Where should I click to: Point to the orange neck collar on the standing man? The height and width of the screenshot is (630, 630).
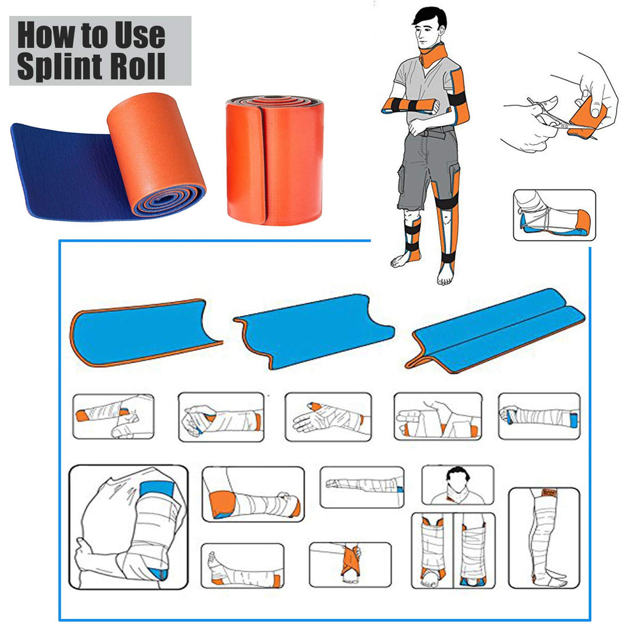pyautogui.click(x=433, y=56)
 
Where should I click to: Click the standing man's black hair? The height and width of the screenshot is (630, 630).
pyautogui.click(x=430, y=18)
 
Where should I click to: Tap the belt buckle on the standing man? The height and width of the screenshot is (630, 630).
pyautogui.click(x=439, y=131)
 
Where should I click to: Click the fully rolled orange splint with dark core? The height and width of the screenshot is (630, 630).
pyautogui.click(x=275, y=159)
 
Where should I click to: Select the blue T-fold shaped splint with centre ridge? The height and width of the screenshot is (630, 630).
pyautogui.click(x=495, y=330)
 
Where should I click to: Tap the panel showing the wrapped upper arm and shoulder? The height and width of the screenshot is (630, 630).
pyautogui.click(x=129, y=527)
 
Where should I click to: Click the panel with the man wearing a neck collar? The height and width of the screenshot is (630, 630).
pyautogui.click(x=458, y=485)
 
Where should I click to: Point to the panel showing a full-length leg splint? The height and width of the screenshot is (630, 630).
pyautogui.click(x=544, y=538)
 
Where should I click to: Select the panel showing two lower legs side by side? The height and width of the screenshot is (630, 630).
pyautogui.click(x=453, y=550)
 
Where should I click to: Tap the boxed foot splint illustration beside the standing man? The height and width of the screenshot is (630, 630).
pyautogui.click(x=554, y=215)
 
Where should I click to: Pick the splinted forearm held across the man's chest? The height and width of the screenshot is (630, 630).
pyautogui.click(x=410, y=105)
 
